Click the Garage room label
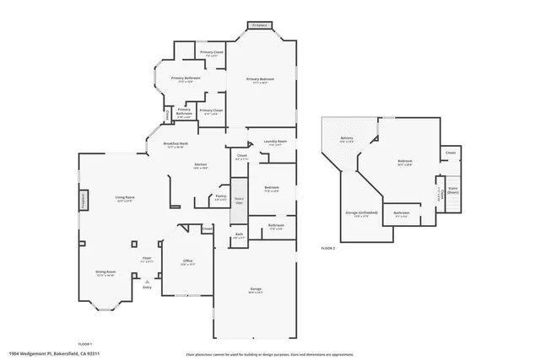coord(255,289)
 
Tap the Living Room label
coord(126,198)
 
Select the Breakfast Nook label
coord(175,144)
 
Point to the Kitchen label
coord(201,164)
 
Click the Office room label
coord(188,261)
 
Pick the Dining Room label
coord(105,272)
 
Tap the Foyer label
coord(147,259)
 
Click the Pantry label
coord(220,196)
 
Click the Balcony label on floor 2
coord(346,138)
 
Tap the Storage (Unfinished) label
coord(361,212)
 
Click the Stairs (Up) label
coord(239,200)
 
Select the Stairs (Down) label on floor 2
coord(452,191)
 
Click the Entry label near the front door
coord(147,287)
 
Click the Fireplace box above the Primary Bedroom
coord(262,26)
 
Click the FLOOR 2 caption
coord(328,249)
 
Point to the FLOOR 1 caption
coord(85,344)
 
